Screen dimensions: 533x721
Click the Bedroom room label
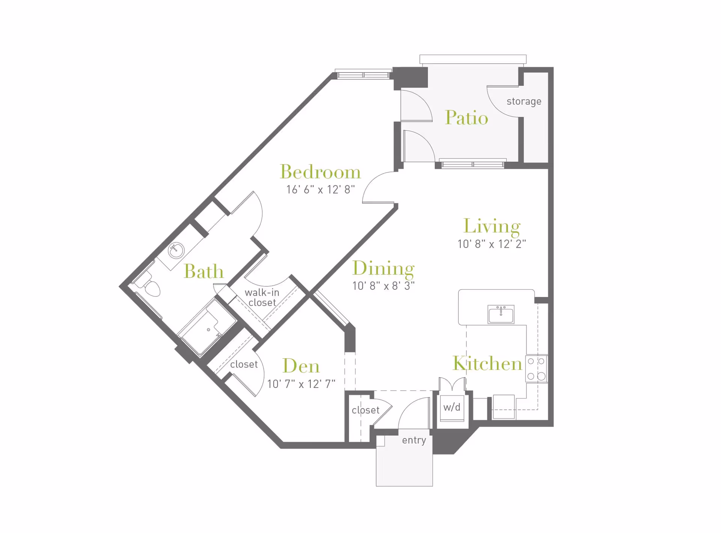[320, 172]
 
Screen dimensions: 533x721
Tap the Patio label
[466, 118]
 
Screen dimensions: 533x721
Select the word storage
[524, 101]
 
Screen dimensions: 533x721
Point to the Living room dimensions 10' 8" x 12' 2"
[492, 244]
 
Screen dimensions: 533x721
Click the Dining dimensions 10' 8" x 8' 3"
[383, 286]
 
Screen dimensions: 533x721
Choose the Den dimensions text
[301, 384]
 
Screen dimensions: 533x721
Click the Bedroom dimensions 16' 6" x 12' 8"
[320, 190]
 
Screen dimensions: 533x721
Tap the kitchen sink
[501, 314]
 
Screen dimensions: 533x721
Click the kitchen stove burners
[536, 369]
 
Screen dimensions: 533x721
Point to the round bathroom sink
[176, 250]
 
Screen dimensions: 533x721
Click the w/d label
[452, 407]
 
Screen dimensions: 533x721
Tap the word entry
[414, 440]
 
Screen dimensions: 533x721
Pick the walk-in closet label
[262, 298]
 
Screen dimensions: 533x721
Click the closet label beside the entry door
[365, 410]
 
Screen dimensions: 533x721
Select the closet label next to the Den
[244, 365]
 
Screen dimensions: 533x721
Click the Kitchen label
[487, 363]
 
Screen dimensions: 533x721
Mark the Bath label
[204, 271]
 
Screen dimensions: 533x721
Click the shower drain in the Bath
[208, 330]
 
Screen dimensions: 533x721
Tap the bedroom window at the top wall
[363, 75]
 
